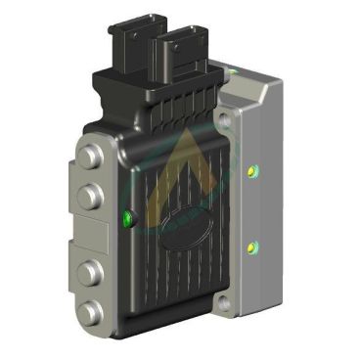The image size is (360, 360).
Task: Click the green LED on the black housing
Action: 127,217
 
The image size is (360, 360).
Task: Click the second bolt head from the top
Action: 91,197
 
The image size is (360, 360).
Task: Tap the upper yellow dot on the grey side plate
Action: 253,171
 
